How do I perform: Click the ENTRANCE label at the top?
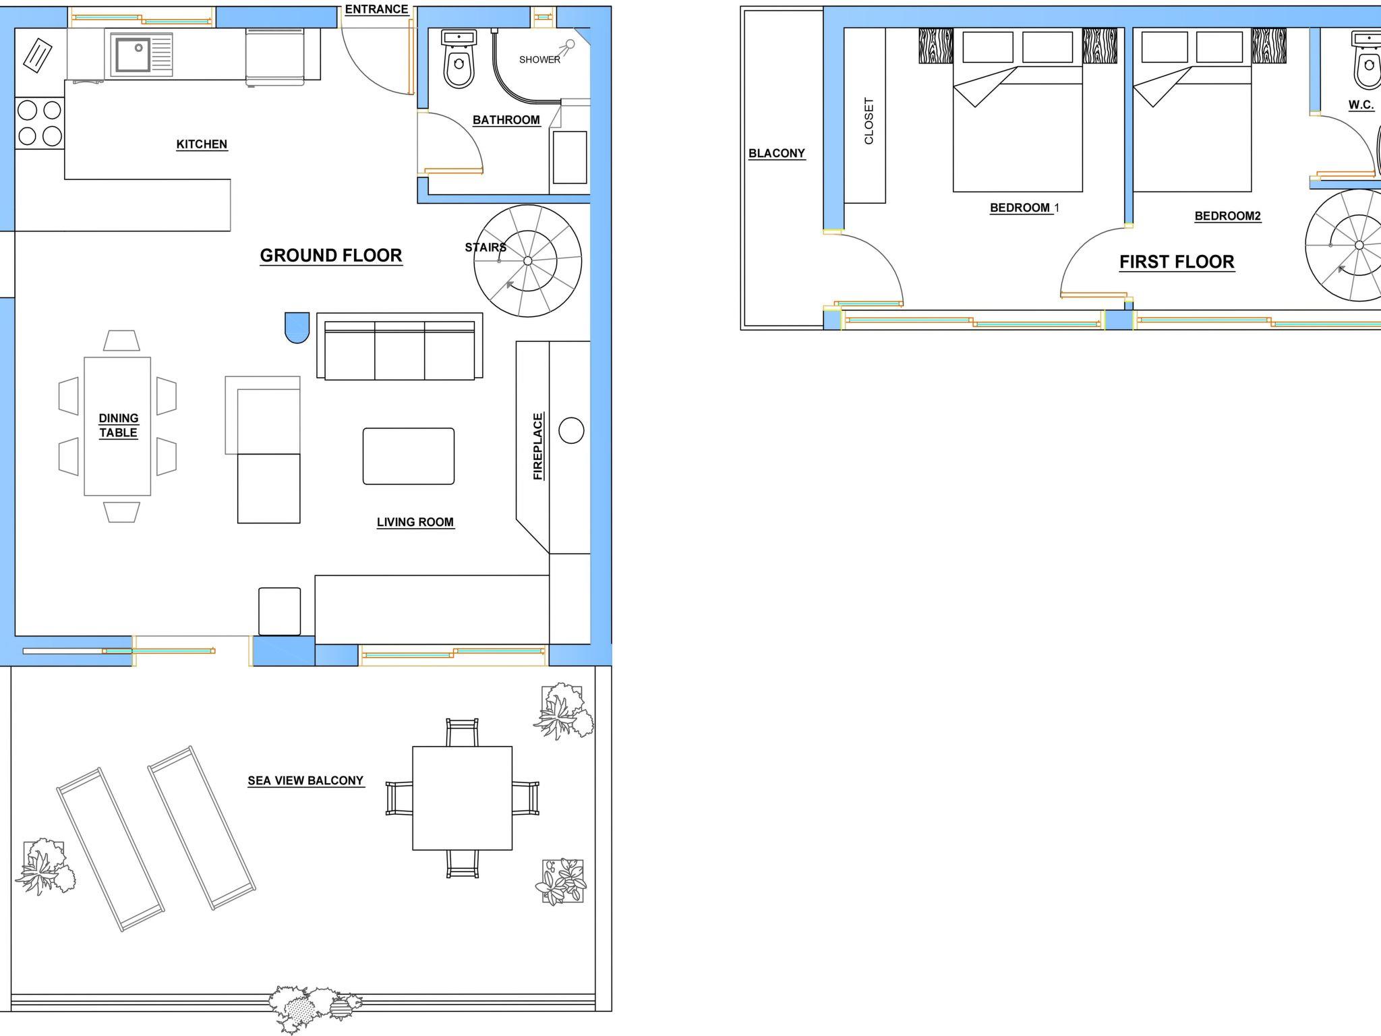coord(376,9)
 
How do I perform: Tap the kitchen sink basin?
coord(133,54)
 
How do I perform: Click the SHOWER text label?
coord(539,59)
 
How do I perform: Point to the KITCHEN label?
coord(202,144)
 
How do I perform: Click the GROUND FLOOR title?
coord(331,256)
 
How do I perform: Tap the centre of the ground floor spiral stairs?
coord(528,261)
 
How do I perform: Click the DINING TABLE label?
coord(119,426)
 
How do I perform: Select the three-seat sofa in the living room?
coord(400,347)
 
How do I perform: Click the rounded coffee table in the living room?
coord(409,456)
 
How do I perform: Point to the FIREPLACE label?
coord(538,446)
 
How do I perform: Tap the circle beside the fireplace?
coord(571,430)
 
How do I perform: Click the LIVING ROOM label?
coord(415,522)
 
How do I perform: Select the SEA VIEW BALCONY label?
coord(305,780)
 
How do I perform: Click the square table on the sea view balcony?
coord(463,798)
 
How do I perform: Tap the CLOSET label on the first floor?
coord(869,121)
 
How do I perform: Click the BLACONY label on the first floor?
coord(777,153)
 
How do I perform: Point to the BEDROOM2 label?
coord(1228,216)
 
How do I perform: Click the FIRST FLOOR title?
coord(1177,262)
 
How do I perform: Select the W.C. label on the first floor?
coord(1361,105)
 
